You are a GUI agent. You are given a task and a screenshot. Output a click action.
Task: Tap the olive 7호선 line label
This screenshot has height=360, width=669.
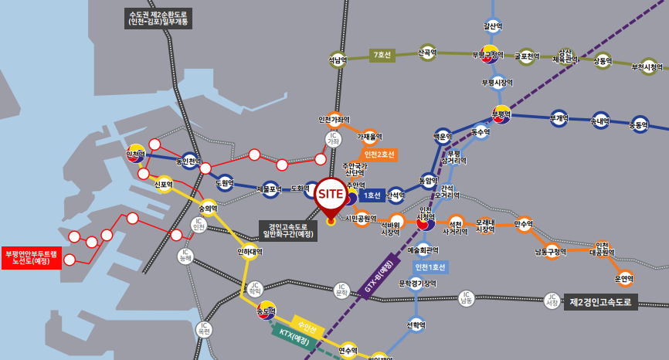[382, 55]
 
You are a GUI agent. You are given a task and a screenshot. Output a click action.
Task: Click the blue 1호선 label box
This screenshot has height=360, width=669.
[372, 195]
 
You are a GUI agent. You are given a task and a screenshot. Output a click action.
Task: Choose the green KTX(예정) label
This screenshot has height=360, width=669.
[295, 337]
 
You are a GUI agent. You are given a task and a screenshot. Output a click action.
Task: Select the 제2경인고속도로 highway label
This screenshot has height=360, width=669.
[601, 302]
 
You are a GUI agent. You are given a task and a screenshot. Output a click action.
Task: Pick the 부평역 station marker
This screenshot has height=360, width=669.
[502, 114]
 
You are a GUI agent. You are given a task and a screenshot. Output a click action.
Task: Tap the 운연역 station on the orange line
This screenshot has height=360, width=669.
[624, 277]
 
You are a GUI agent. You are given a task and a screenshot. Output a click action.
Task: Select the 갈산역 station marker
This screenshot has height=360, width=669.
[493, 25]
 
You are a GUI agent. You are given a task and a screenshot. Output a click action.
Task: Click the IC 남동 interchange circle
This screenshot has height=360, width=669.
[465, 297]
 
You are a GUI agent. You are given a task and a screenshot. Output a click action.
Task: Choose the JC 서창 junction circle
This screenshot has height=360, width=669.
[551, 301]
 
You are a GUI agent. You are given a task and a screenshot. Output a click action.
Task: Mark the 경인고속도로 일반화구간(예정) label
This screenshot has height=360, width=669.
[288, 229]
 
